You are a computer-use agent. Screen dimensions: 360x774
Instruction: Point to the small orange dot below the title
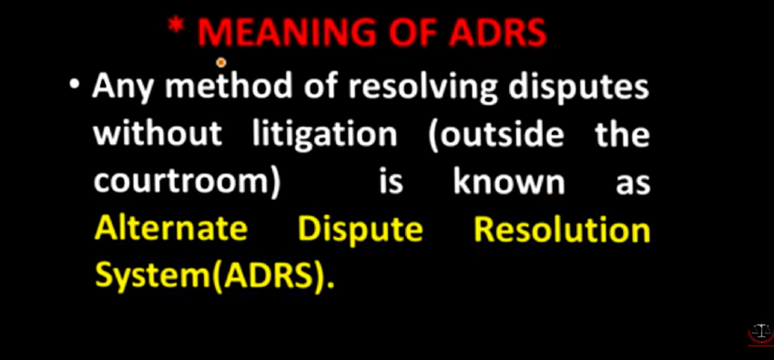click(221, 63)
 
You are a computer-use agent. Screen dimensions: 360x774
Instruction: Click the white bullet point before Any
click(77, 86)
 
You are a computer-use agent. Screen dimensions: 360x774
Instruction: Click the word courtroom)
click(187, 183)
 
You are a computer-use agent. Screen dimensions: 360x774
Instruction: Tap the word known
click(509, 182)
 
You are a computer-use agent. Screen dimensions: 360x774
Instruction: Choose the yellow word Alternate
click(171, 229)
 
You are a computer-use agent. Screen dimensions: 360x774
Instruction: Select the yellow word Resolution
click(562, 229)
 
